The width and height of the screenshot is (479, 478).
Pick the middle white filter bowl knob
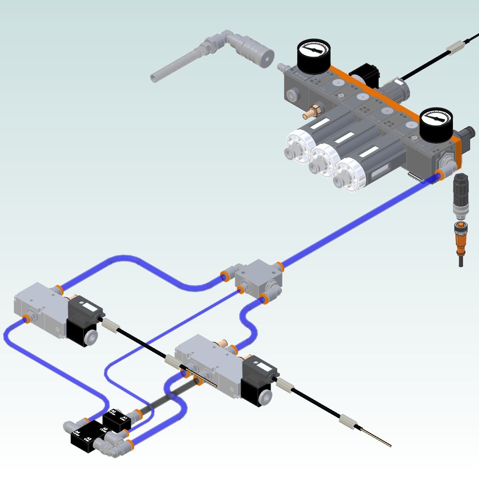(325, 160)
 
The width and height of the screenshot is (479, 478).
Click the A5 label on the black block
(113, 412)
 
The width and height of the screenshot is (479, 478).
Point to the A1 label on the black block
(124, 418)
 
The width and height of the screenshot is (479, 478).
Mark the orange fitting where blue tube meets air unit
(439, 176)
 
